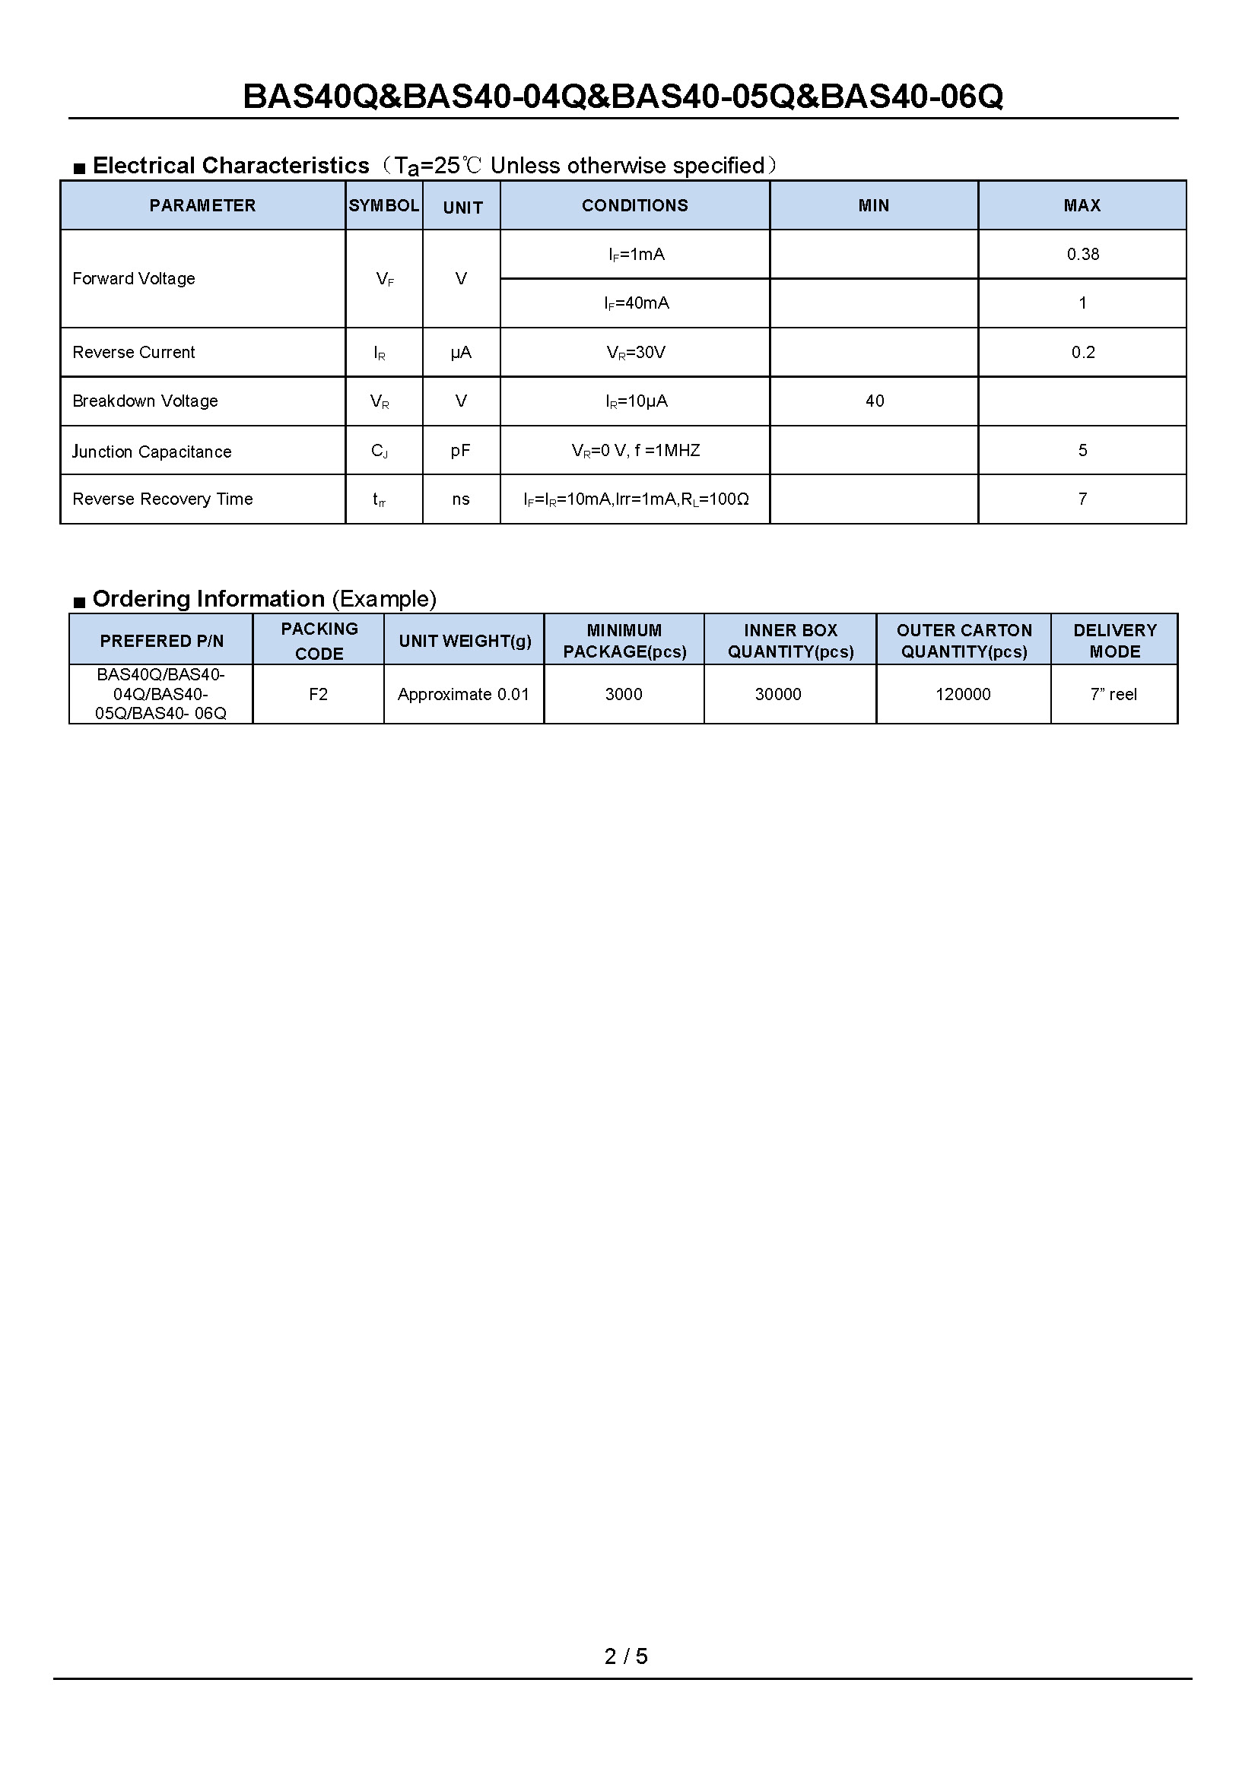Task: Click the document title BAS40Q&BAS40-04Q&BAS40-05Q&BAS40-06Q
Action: pos(623,97)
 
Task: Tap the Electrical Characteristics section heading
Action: pos(231,166)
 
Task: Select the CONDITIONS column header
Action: pos(634,205)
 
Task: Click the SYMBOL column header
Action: pos(383,205)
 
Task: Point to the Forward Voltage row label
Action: pos(133,279)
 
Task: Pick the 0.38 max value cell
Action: pos(1082,254)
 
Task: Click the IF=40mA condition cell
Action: pos(636,303)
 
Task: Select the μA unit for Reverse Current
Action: pos(461,353)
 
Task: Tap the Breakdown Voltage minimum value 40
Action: pos(874,401)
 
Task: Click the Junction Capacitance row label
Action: pos(152,452)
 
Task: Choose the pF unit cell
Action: pos(461,451)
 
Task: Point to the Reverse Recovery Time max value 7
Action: pos(1082,499)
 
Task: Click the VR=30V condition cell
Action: pos(635,353)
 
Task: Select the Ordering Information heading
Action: pos(263,598)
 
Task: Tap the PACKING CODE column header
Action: pos(319,640)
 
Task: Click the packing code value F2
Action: pos(318,694)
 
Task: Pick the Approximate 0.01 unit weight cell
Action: pos(463,694)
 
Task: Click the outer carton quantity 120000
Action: pos(963,694)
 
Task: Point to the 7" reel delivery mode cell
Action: pos(1113,694)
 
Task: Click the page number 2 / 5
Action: pos(626,1656)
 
